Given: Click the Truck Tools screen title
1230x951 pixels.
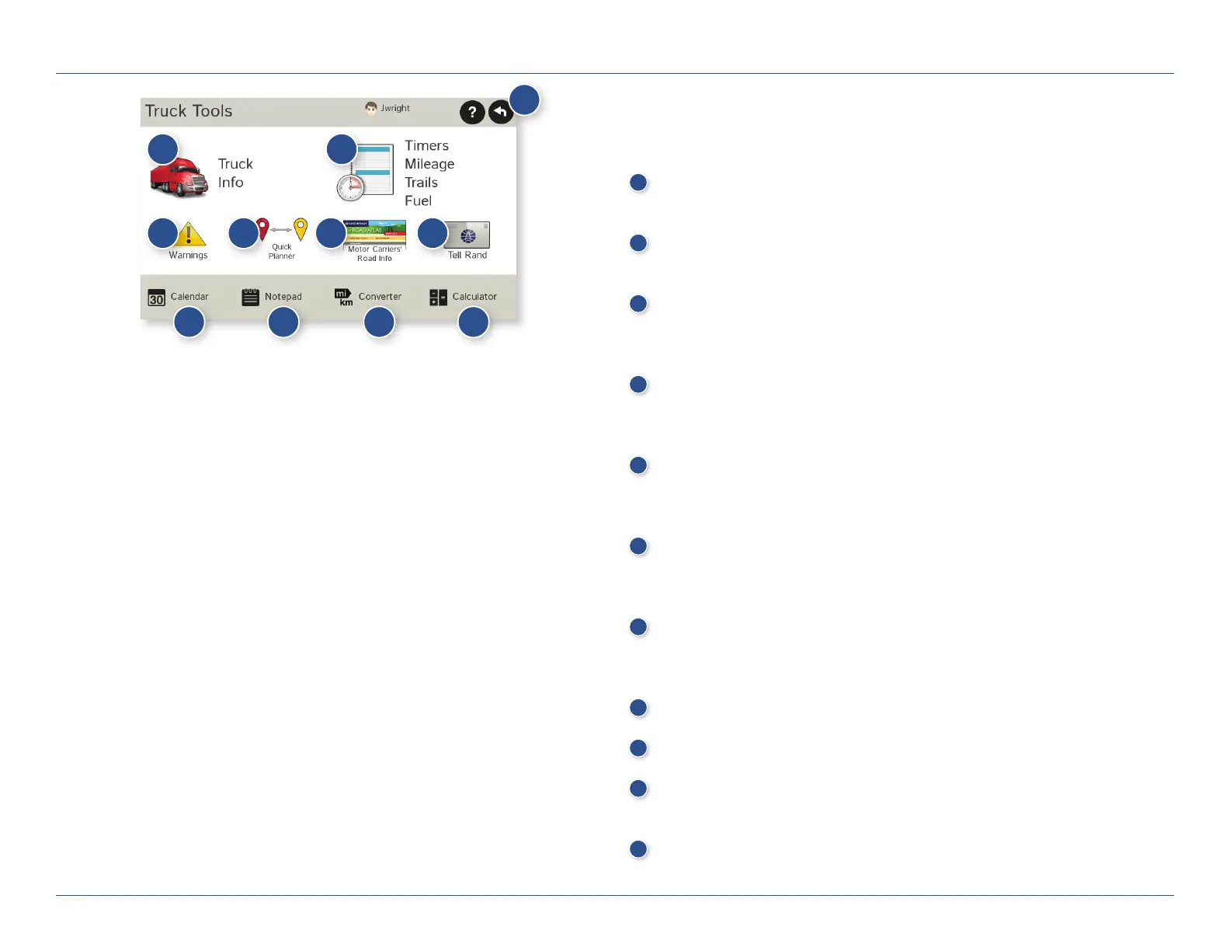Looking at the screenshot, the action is tap(189, 111).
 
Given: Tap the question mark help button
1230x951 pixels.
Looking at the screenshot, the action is tap(472, 113).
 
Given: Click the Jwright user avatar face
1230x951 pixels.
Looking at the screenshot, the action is tap(371, 108).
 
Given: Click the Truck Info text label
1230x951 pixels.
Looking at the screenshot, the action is tap(235, 173).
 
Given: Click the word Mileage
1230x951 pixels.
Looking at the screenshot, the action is tap(429, 164).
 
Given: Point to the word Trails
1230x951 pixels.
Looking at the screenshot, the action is tap(421, 183).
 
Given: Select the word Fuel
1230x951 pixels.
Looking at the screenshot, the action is tap(418, 200).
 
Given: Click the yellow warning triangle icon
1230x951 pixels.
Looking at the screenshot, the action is tap(190, 235).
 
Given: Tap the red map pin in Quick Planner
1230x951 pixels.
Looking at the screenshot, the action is tap(263, 228).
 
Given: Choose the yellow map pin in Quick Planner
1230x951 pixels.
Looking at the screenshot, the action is tap(301, 228).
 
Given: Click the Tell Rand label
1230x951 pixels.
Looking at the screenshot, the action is tap(467, 255).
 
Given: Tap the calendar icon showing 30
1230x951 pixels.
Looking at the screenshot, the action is tap(157, 298).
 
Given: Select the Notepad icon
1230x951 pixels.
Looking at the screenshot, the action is tap(250, 297).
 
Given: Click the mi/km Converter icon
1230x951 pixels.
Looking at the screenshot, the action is tap(343, 297).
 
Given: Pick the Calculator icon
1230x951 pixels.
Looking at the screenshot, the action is tap(438, 298).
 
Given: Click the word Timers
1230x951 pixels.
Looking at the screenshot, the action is tap(426, 145).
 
